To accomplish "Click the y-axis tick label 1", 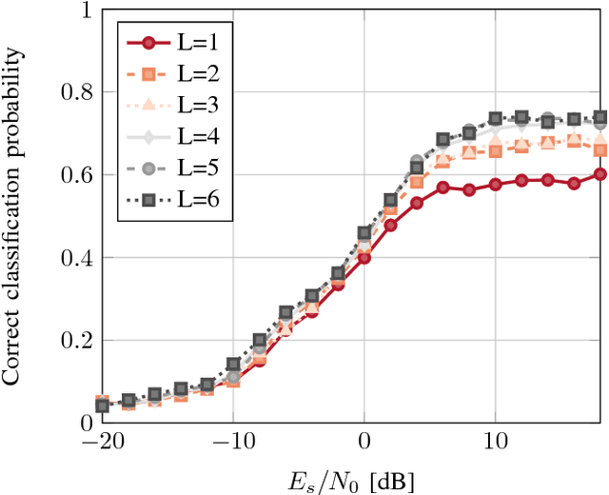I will [x=87, y=11].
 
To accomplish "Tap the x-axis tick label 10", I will [x=495, y=443].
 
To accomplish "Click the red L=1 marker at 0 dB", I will [x=364, y=258].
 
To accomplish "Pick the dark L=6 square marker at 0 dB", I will [x=364, y=233].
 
